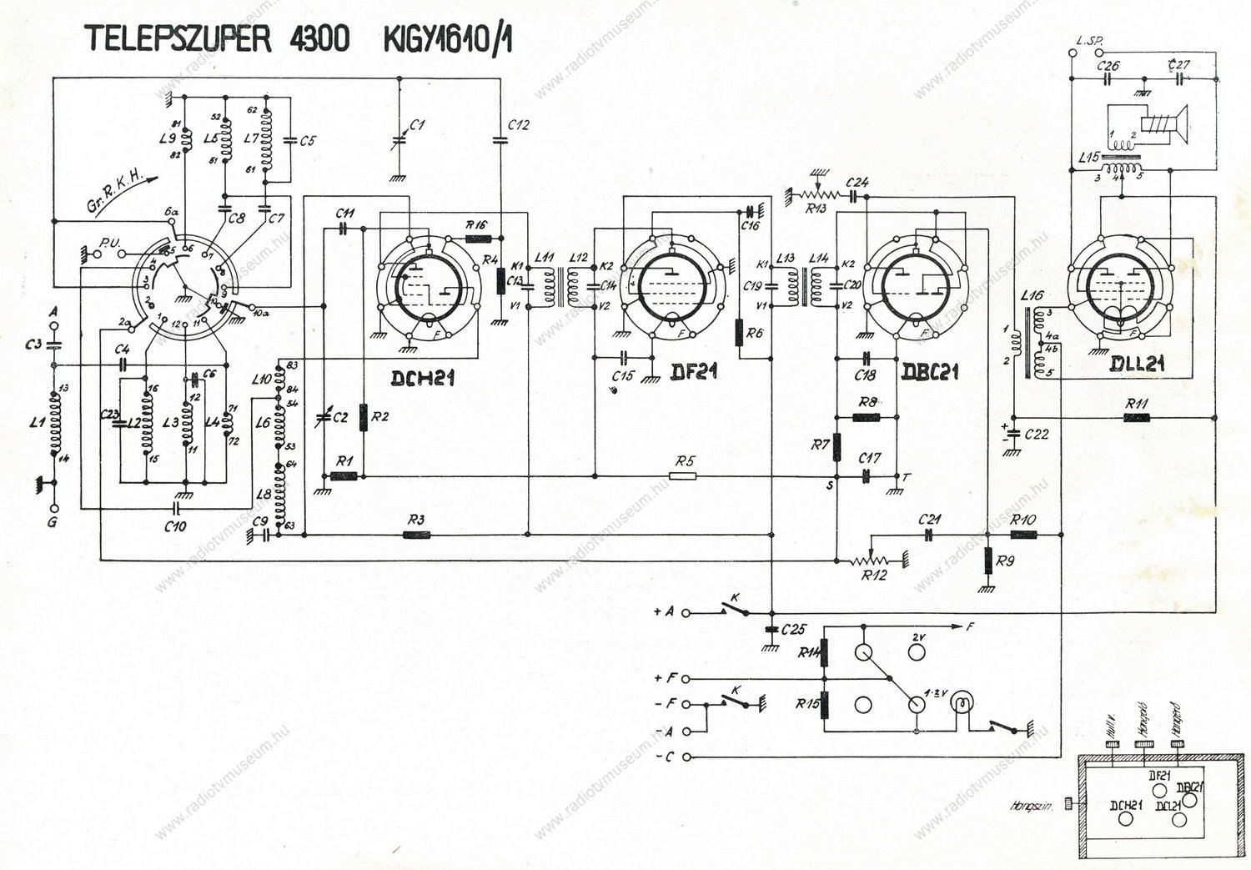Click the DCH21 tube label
(423, 379)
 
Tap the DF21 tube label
(694, 370)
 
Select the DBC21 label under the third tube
(930, 372)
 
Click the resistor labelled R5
(683, 476)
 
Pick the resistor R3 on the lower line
(415, 534)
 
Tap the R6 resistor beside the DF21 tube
(740, 333)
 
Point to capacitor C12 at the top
(500, 140)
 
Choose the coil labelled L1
(55, 423)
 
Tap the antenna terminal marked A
(54, 323)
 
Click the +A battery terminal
(686, 612)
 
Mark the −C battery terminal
(686, 757)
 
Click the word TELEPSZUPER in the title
(178, 39)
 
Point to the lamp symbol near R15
(963, 702)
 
